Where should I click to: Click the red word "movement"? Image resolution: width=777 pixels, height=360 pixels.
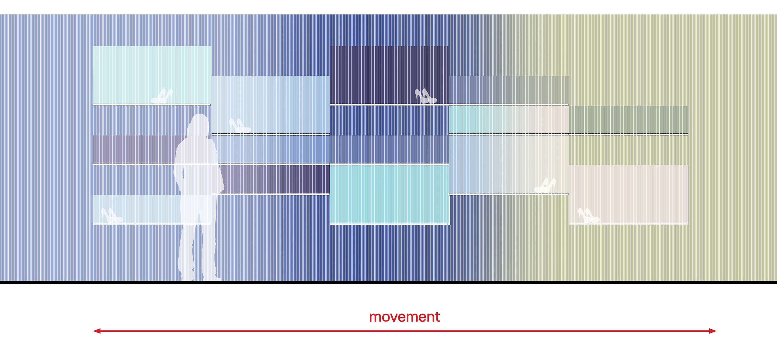(404, 317)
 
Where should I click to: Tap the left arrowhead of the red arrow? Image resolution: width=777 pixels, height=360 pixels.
(96, 331)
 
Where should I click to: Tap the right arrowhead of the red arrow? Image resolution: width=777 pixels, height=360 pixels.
(712, 331)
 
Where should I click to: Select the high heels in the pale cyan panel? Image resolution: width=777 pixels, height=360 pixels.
(162, 96)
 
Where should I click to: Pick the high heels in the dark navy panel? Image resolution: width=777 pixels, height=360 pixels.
(426, 96)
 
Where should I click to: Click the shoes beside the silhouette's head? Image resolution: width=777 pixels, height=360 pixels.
(240, 126)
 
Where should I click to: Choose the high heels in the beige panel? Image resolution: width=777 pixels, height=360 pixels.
(589, 215)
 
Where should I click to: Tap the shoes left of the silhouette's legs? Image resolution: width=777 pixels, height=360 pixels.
(112, 215)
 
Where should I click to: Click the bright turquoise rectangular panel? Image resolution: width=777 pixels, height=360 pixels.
(389, 194)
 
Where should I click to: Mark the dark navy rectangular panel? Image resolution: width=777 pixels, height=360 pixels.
(389, 75)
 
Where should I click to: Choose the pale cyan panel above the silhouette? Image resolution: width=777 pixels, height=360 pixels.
(152, 75)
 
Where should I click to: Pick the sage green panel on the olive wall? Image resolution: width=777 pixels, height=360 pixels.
(628, 120)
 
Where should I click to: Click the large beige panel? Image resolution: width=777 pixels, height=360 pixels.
(628, 194)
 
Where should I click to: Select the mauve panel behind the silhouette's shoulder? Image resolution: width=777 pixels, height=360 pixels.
(135, 149)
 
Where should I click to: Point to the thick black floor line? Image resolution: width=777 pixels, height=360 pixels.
(388, 282)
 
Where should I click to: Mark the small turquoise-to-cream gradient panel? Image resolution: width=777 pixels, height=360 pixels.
(509, 120)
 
